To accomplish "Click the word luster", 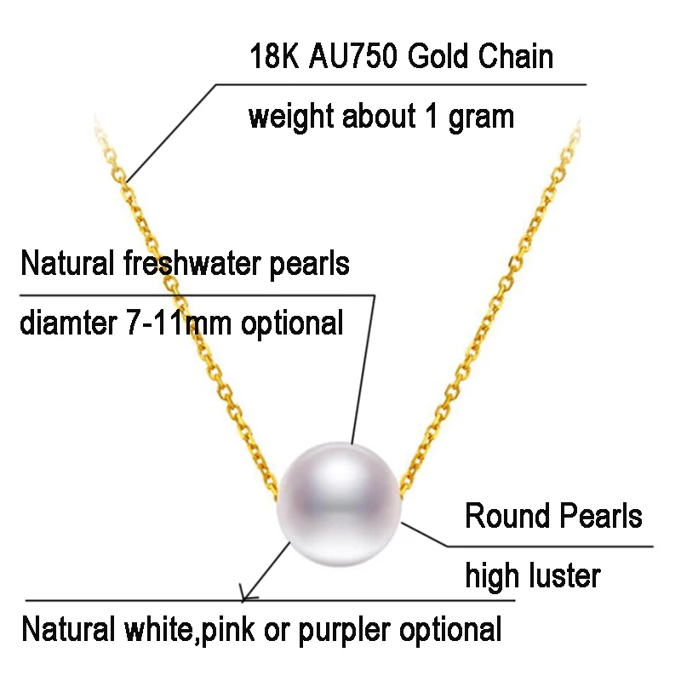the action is [x=563, y=576].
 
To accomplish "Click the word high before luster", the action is [x=491, y=576].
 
